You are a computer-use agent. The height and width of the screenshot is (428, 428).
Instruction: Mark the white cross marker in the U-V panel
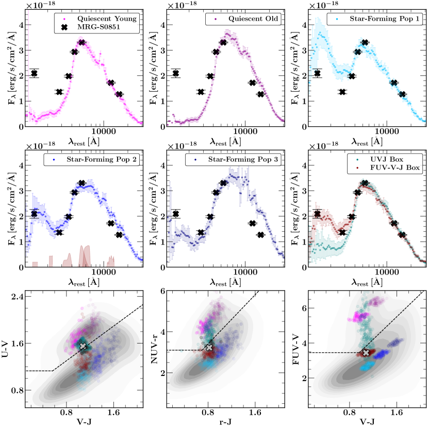pyautogui.click(x=83, y=346)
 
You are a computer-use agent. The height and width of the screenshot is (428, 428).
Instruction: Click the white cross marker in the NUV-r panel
pyautogui.click(x=209, y=348)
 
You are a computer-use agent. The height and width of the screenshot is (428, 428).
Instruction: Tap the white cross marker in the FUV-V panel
pyautogui.click(x=366, y=352)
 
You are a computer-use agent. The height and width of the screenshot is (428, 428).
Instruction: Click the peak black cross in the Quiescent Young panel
pyautogui.click(x=81, y=42)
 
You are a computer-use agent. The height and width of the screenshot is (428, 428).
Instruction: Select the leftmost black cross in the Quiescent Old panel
pyautogui.click(x=176, y=73)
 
